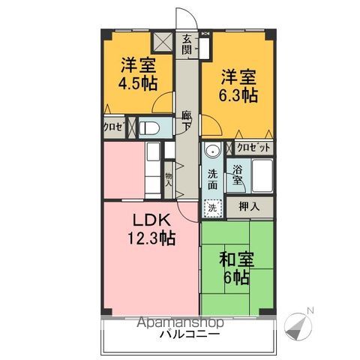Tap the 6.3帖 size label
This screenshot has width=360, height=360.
238,95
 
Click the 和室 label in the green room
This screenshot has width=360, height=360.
235,259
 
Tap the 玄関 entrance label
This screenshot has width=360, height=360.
187,46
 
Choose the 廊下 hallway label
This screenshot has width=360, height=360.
186,121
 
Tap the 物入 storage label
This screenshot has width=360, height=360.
169,178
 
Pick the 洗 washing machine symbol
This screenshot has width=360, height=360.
213,207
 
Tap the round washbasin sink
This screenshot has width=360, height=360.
213,150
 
